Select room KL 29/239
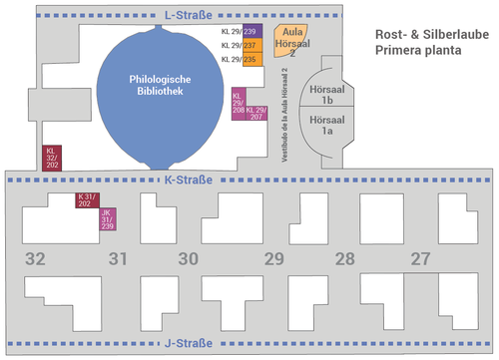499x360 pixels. (x=249, y=32)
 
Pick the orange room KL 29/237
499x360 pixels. (x=249, y=45)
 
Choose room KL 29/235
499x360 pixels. (x=249, y=59)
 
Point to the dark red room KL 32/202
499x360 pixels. (x=51, y=159)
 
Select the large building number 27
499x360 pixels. (x=420, y=259)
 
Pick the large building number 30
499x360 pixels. (x=189, y=259)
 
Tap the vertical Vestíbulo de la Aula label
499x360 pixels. (x=283, y=115)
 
